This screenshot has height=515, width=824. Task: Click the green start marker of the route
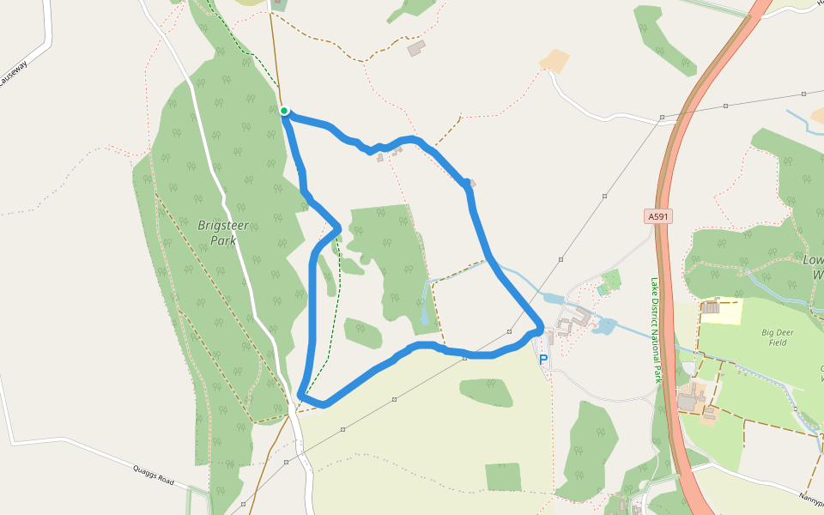[x=284, y=110]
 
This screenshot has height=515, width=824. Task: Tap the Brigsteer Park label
[x=217, y=233]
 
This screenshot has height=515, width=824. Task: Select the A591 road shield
[x=658, y=217]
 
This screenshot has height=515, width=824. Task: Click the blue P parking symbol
[x=542, y=360]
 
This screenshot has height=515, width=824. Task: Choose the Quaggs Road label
[x=154, y=475]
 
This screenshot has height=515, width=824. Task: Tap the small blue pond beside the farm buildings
[x=604, y=325]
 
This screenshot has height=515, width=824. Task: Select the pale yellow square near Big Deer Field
[x=721, y=311]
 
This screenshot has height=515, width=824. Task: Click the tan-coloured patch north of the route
[x=554, y=60]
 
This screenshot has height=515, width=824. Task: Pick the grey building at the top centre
[x=416, y=48]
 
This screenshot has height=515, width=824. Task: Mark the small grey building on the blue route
[x=470, y=183]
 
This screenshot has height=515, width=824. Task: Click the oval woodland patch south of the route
[x=486, y=392]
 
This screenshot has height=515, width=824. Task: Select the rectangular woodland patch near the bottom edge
[x=503, y=476]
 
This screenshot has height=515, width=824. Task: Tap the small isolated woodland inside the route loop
[x=363, y=333]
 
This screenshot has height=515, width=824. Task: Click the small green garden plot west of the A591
[x=611, y=280]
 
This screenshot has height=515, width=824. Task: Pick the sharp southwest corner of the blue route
[x=300, y=396]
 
